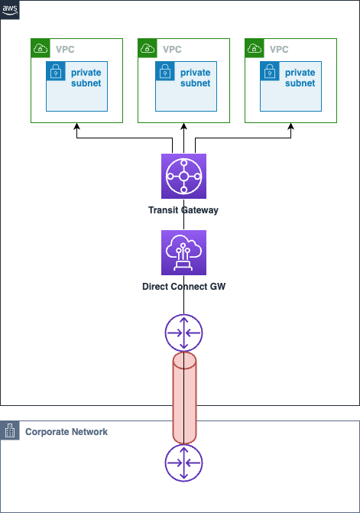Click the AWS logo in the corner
pos(10,10)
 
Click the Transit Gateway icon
pos(183,176)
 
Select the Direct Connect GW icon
pos(183,252)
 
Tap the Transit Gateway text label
pos(183,210)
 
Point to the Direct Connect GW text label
pos(183,287)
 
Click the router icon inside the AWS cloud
pos(183,333)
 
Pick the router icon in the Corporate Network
pos(183,463)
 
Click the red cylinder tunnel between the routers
pos(184,398)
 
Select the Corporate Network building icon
pos(10,430)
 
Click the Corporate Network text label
pos(66,432)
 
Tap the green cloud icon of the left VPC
pos(41,48)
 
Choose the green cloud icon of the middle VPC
pos(148,48)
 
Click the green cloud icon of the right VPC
pos(255,48)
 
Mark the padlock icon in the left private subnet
pos(56,71)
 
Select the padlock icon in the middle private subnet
pos(165,71)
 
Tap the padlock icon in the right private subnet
pos(270,71)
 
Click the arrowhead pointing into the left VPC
pos(77,126)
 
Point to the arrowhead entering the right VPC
pos(290,126)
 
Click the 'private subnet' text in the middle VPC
pos(195,78)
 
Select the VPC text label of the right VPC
pos(279,50)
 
